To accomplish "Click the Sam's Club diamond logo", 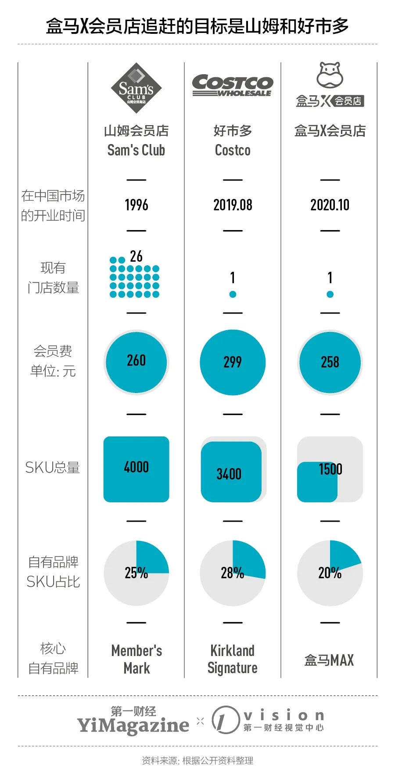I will [x=136, y=88].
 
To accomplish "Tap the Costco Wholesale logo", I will [x=233, y=85].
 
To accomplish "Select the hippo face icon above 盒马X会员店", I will [x=330, y=75].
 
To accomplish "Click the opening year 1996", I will [x=136, y=205].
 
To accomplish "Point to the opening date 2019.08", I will [x=233, y=205].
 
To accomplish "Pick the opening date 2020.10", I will [x=330, y=205].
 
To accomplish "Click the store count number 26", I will [x=136, y=256].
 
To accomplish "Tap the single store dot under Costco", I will [x=233, y=294].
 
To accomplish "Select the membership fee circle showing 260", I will [x=136, y=362].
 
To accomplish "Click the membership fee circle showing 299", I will [x=233, y=362].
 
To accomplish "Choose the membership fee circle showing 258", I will [x=330, y=362].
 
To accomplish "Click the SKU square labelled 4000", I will [x=136, y=469].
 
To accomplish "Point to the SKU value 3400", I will [x=229, y=474].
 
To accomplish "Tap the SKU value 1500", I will [x=330, y=469].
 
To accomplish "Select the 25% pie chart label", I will [x=136, y=573].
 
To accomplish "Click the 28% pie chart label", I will [x=232, y=573].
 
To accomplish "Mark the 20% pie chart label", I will [x=330, y=573].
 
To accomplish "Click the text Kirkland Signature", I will [x=233, y=659].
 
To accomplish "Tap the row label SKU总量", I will [x=53, y=468].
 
